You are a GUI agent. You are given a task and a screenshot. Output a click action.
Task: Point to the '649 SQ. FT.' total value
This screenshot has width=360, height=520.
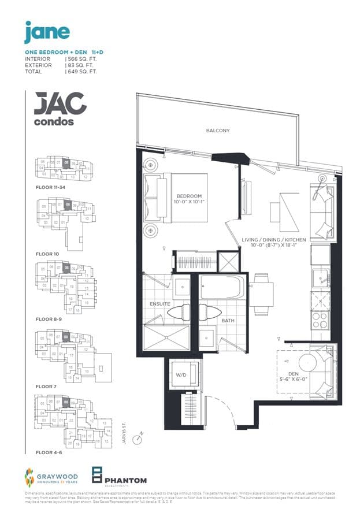pos(81,72)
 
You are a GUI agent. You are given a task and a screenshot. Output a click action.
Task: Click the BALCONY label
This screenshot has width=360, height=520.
pos(218,131)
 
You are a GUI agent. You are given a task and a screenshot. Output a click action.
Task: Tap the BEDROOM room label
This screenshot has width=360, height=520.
pos(189,196)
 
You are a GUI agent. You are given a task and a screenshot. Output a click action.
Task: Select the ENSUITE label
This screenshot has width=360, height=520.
pos(160,303)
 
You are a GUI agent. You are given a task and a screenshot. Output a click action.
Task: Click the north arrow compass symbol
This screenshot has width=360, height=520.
pos(138,439)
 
